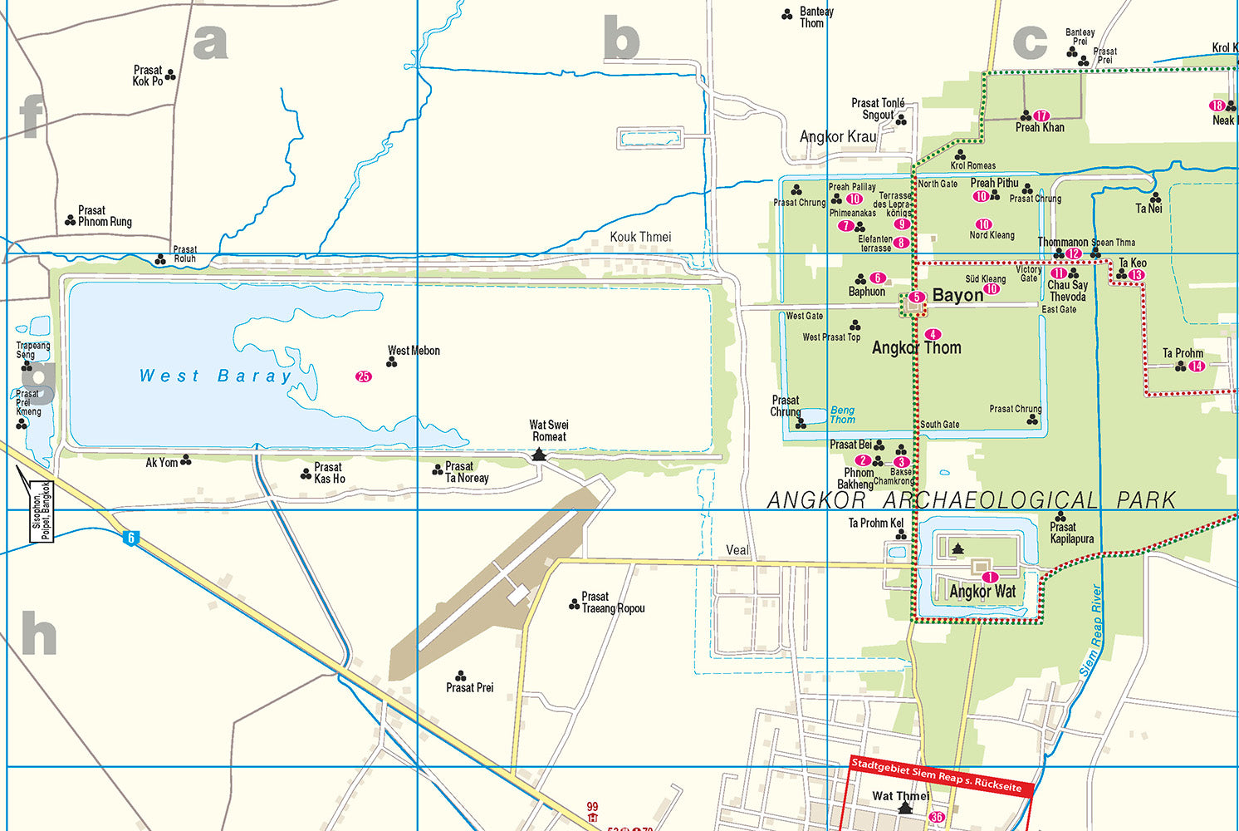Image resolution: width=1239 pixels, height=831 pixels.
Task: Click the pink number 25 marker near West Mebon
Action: (364, 376)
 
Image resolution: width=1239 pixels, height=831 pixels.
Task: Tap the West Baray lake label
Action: (216, 376)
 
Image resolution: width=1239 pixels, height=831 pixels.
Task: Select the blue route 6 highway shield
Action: (130, 538)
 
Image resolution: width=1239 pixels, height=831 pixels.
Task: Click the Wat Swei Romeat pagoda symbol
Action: (539, 454)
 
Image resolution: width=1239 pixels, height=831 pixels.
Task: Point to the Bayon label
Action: (957, 296)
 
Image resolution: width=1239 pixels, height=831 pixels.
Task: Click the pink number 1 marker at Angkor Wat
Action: (989, 578)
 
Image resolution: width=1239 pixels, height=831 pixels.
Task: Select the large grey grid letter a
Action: (210, 42)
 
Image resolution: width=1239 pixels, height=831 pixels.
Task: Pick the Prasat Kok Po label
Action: (148, 76)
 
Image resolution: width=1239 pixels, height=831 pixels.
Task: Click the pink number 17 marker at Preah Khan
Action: (1041, 116)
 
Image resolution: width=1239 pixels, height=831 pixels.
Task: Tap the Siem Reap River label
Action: (1092, 632)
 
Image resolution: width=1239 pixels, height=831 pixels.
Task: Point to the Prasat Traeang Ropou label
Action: (613, 602)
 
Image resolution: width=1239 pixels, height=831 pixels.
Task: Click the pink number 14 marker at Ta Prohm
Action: (1197, 366)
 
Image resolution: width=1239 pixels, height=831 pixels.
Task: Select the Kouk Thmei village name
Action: (640, 237)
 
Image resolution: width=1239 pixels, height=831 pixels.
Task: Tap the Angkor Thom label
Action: (916, 348)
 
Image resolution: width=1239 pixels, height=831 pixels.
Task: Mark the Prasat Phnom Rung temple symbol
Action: (70, 220)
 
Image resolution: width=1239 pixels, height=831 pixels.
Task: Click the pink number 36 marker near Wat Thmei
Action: (937, 817)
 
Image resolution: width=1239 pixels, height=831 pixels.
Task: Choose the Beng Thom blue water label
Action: (842, 415)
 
